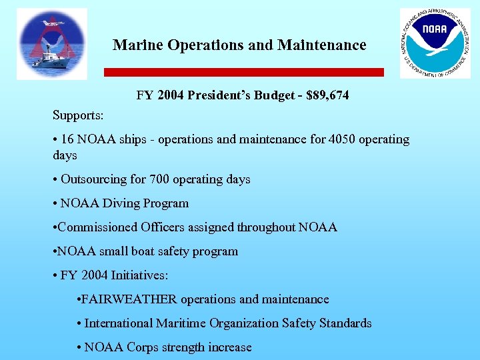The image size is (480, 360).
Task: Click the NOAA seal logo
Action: pyautogui.click(x=435, y=43)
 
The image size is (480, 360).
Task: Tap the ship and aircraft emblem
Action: pyautogui.click(x=52, y=44)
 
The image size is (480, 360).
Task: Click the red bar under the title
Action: pyautogui.click(x=243, y=72)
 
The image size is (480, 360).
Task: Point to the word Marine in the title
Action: pyautogui.click(x=138, y=45)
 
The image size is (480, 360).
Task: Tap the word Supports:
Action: pyautogui.click(x=78, y=115)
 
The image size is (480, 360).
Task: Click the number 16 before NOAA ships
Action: pyautogui.click(x=67, y=139)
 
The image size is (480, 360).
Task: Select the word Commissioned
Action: pyautogui.click(x=98, y=227)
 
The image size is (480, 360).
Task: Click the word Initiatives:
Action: pyautogui.click(x=139, y=275)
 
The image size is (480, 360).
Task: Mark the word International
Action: pyautogui.click(x=119, y=323)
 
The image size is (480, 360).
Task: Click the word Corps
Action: pyautogui.click(x=143, y=347)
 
